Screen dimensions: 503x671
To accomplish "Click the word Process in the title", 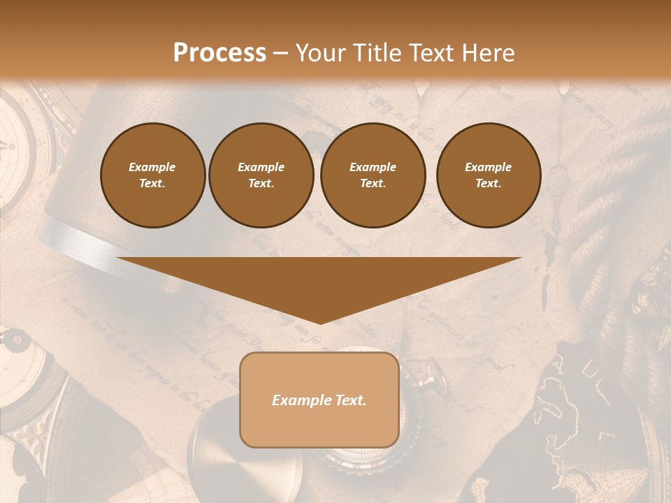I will [219, 52].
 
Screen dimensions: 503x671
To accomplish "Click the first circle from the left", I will [152, 175].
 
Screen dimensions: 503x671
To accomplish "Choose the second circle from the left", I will [261, 175].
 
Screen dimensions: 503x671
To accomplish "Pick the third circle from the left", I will [373, 175].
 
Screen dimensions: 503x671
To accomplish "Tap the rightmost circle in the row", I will [488, 175].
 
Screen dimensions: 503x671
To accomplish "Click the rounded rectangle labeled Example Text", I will [319, 400].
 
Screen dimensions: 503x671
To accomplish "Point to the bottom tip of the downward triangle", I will [319, 323].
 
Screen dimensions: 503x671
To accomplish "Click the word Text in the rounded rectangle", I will [349, 400].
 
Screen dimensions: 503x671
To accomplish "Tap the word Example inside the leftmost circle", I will [152, 167].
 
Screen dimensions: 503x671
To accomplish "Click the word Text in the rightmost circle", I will [488, 184].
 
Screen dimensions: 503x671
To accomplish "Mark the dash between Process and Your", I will [281, 53].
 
